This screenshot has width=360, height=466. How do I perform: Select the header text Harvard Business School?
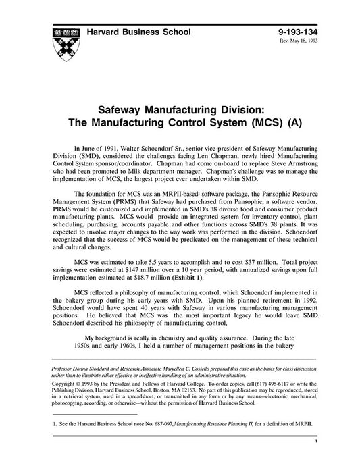click(138, 32)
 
